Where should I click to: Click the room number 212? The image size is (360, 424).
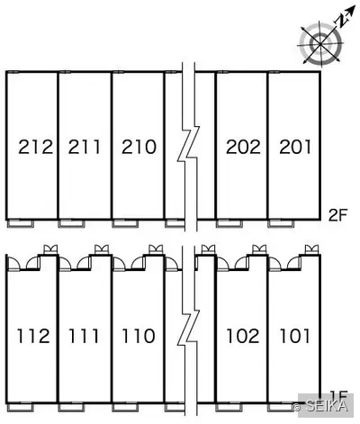point(36,147)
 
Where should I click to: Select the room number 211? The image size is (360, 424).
point(85,147)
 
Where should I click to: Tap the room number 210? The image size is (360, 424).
point(139,147)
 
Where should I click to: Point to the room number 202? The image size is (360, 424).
point(243,147)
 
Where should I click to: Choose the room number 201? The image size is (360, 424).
point(295,147)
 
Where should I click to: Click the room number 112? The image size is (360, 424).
point(33,336)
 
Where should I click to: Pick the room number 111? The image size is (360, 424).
point(84,336)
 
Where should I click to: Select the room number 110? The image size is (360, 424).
point(139,336)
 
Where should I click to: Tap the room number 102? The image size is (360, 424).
point(243,336)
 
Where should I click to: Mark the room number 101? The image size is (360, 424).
point(294,336)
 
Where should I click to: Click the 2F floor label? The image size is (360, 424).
point(337,215)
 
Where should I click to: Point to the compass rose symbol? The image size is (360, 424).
point(320,44)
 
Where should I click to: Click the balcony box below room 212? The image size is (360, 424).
point(20,223)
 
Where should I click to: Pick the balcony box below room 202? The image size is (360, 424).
point(229,223)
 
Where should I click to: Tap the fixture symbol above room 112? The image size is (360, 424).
point(50,249)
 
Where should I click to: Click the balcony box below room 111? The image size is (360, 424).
point(71,408)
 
